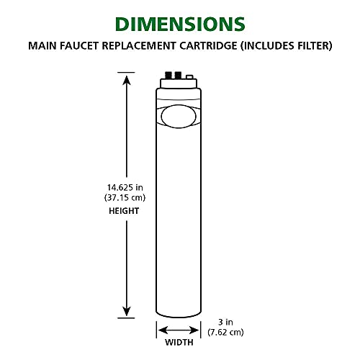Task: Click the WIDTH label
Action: pos(178,342)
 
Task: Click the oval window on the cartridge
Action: pos(178,116)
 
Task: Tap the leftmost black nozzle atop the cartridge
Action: pos(169,74)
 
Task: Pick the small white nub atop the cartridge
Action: pos(189,76)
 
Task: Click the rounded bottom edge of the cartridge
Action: pos(178,315)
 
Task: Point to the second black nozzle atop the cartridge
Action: pos(179,74)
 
